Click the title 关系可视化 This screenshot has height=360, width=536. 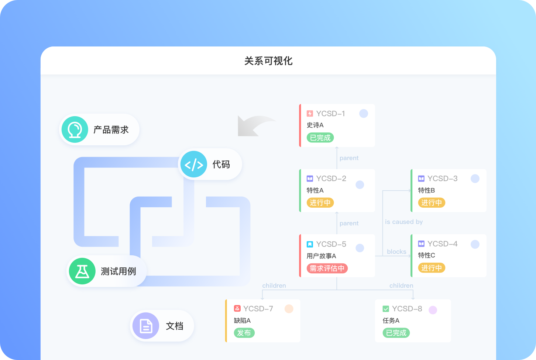pyautogui.click(x=268, y=61)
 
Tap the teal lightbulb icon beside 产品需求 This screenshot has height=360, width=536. pyautogui.click(x=75, y=130)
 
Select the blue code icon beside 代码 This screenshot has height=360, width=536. pyautogui.click(x=194, y=165)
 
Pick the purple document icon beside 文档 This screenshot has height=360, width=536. pyautogui.click(x=146, y=326)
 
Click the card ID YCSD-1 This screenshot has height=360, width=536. pyautogui.click(x=330, y=114)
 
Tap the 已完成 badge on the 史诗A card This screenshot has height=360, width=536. pyautogui.click(x=320, y=138)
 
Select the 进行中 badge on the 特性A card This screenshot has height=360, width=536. pyautogui.click(x=320, y=203)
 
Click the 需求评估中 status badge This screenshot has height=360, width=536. pyautogui.click(x=327, y=269)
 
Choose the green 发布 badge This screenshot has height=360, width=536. pyautogui.click(x=244, y=333)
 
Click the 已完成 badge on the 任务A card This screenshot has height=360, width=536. pyautogui.click(x=396, y=333)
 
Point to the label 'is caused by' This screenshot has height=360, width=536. pyautogui.click(x=404, y=222)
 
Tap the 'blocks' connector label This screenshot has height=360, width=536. pyautogui.click(x=396, y=252)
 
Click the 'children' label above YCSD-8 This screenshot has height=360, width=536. pyautogui.click(x=401, y=285)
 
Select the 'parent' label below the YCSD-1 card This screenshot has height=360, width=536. pyautogui.click(x=349, y=158)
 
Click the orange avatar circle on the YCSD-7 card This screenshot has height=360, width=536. pyautogui.click(x=289, y=309)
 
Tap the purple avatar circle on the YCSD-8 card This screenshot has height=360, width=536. pyautogui.click(x=433, y=310)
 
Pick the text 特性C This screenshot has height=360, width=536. pyautogui.click(x=426, y=255)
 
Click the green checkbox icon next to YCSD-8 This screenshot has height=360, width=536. pyautogui.click(x=386, y=309)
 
